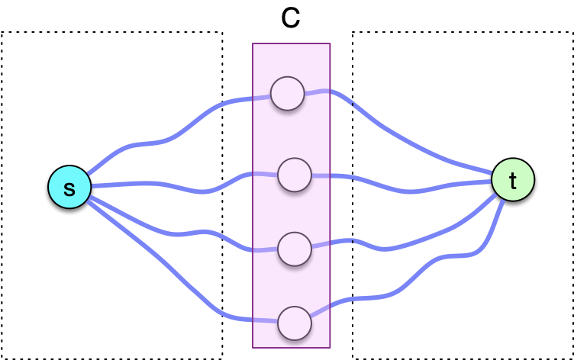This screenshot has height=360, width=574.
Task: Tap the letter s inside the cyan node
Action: coord(69,188)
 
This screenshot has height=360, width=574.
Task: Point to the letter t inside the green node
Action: coord(513,181)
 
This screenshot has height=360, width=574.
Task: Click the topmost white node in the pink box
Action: coord(288,94)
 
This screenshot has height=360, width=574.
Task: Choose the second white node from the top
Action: coord(295,175)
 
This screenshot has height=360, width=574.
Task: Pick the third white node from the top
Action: coord(295,249)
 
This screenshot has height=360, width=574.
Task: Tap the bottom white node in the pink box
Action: coord(295,323)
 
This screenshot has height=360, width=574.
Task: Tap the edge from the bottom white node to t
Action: coord(412,278)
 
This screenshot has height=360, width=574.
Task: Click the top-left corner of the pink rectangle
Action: coord(253,44)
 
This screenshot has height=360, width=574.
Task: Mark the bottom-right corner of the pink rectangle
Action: coord(330,347)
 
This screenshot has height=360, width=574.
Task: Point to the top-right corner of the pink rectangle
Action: coord(330,44)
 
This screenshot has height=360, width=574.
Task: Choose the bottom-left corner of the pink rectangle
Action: coord(253,347)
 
